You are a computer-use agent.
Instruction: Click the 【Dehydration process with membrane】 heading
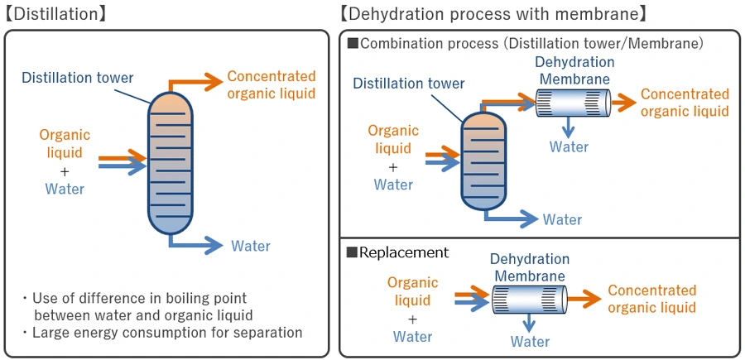[493, 14]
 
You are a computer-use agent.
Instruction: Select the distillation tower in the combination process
[484, 161]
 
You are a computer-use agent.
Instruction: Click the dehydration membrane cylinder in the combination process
[572, 102]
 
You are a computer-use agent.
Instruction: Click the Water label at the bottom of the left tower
[250, 246]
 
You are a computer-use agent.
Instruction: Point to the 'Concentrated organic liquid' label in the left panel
[272, 84]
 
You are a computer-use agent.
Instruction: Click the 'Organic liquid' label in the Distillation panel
[65, 143]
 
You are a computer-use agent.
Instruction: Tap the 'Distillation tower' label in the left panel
[78, 79]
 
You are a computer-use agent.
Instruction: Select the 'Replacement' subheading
[403, 252]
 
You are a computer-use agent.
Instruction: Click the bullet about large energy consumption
[162, 333]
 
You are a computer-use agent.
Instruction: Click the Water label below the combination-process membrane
[570, 146]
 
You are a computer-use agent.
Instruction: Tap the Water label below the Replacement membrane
[530, 341]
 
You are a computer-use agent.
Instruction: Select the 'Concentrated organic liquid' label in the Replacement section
[652, 299]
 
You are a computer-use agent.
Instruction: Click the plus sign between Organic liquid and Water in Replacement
[412, 319]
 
